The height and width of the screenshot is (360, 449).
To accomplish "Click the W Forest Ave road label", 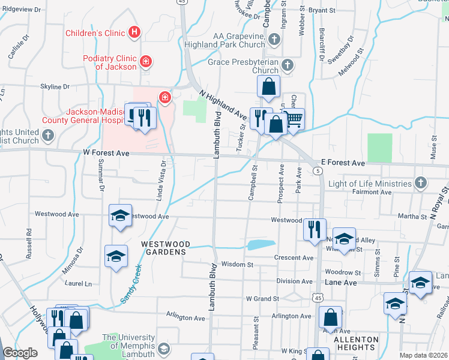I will [x=106, y=154].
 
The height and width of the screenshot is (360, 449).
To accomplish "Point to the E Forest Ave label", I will [x=343, y=163].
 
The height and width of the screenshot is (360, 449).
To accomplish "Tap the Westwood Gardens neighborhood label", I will [x=166, y=248].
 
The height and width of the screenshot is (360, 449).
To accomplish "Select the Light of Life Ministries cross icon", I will [x=421, y=182].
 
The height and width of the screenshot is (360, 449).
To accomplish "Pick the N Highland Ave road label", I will [x=223, y=105].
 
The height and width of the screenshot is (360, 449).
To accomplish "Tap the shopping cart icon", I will [x=294, y=119].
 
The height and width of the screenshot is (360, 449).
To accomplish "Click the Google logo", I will [x=20, y=353].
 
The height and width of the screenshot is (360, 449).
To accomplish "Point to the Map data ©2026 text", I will [x=423, y=355].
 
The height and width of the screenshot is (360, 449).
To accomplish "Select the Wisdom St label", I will [x=237, y=264].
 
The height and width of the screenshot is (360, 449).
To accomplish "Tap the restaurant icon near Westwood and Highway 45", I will [x=315, y=229].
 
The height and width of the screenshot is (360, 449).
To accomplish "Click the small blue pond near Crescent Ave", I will [x=261, y=244].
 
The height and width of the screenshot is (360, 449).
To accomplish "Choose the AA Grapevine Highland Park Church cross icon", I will [x=274, y=40].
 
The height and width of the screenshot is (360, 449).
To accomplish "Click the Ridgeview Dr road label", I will [x=23, y=10].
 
